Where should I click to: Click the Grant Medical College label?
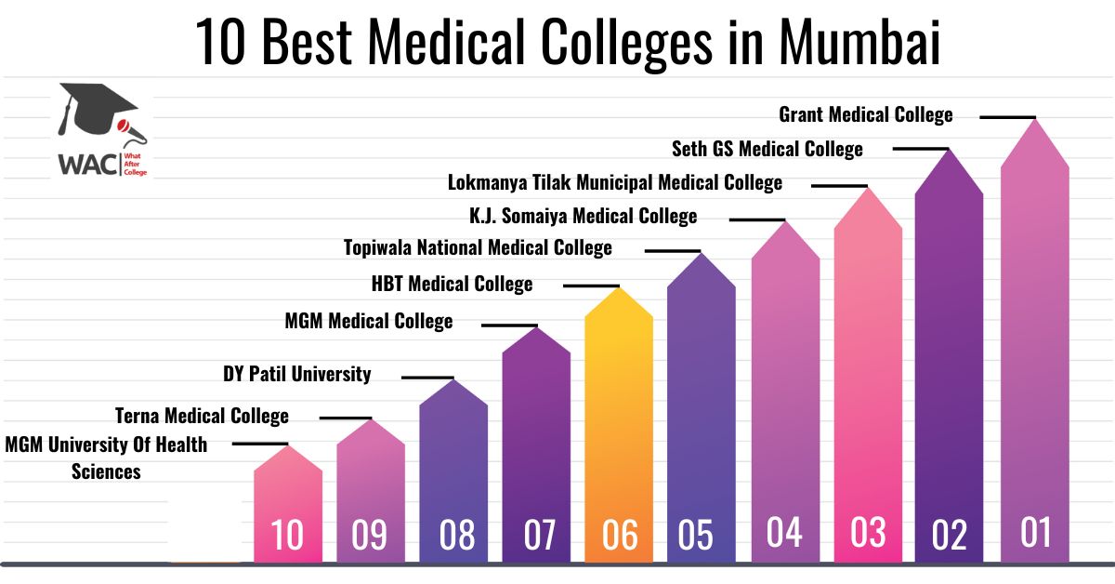pos(866,115)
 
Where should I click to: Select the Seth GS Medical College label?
pos(767,149)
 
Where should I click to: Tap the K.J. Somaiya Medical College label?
pos(583,217)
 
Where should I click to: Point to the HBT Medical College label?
pos(452,284)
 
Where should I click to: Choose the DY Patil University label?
pos(296,374)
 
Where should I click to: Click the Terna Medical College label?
pos(202,416)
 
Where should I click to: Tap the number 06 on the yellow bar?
pos(620,535)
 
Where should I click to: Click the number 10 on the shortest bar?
pos(287,535)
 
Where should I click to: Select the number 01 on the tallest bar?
pos(1035,532)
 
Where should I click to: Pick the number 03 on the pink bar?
pos(868,532)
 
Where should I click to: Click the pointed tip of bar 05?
pos(702,253)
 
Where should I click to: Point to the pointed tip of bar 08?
pos(453,379)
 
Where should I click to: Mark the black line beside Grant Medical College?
pos(1007,117)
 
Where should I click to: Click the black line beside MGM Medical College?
pos(509,325)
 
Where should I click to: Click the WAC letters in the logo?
pos(87,165)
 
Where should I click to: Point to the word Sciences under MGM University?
pos(106,471)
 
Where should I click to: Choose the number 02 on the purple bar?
pos(950,535)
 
